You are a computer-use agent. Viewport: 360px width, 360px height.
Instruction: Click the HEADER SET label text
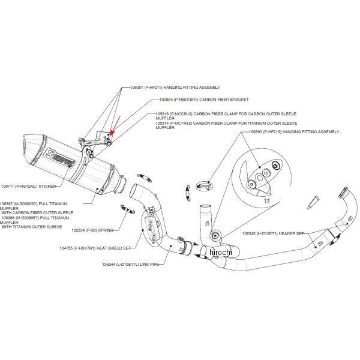(x=292, y=233)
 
